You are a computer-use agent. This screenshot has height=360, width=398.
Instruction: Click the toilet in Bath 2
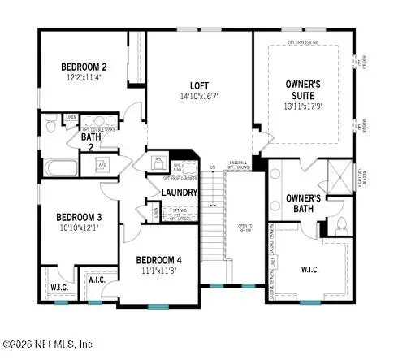pyautogui.click(x=50, y=126)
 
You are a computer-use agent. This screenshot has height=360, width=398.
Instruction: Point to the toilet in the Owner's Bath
pyautogui.click(x=342, y=223)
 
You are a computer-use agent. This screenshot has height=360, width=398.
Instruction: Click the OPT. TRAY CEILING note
pyautogui.click(x=304, y=40)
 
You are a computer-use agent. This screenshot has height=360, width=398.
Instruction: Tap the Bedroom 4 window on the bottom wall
pyautogui.click(x=155, y=306)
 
